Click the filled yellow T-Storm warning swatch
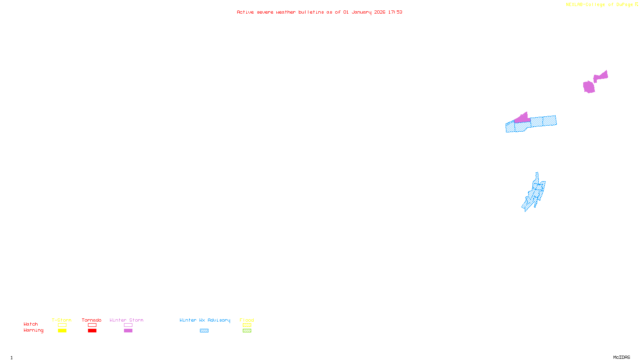[x=62, y=331]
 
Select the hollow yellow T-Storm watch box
[x=62, y=325]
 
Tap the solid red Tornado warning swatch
[x=92, y=331]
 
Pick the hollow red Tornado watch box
[x=92, y=325]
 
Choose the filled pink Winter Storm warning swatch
[x=128, y=331]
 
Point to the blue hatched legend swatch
[x=204, y=331]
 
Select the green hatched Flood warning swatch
[x=247, y=331]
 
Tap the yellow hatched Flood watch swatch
[x=247, y=325]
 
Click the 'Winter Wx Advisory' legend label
[x=205, y=320]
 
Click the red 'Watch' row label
[x=31, y=324]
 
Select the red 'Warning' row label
[x=34, y=330]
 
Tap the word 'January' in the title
[x=362, y=12]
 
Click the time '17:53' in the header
[x=395, y=12]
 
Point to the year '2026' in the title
[x=380, y=12]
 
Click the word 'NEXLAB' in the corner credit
[x=574, y=5]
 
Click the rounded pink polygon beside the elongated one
[x=589, y=87]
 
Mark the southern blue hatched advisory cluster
[x=534, y=194]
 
